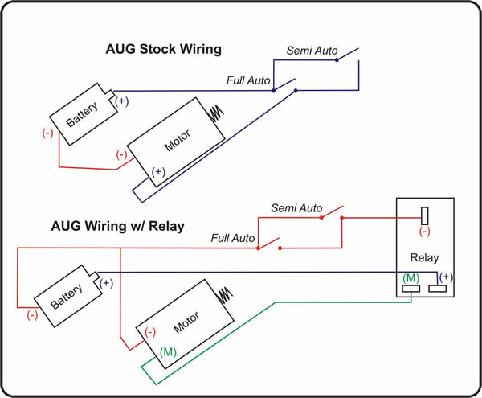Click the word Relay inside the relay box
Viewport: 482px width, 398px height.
pyautogui.click(x=424, y=259)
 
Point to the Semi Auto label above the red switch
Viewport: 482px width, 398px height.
pyautogui.click(x=296, y=208)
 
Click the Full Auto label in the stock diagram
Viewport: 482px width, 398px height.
pyautogui.click(x=248, y=81)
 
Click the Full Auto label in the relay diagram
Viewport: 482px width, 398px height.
pyautogui.click(x=234, y=239)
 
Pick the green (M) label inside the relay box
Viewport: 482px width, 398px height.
pyautogui.click(x=410, y=277)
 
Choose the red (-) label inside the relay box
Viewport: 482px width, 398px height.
pyautogui.click(x=424, y=232)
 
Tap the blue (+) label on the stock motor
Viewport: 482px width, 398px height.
pyautogui.click(x=158, y=171)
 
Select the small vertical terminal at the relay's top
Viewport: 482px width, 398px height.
pyautogui.click(x=425, y=215)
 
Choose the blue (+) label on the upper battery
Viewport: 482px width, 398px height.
pyautogui.click(x=120, y=101)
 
